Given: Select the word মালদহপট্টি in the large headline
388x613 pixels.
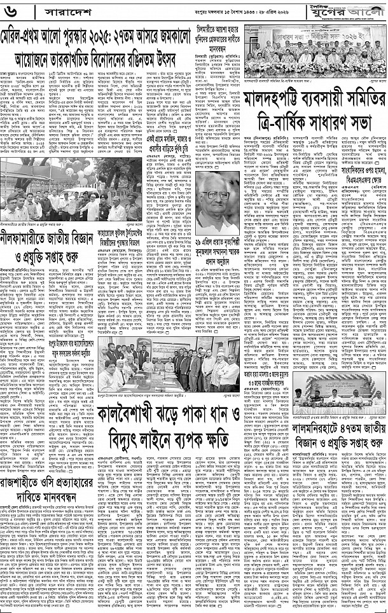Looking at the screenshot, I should coord(280,98).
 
